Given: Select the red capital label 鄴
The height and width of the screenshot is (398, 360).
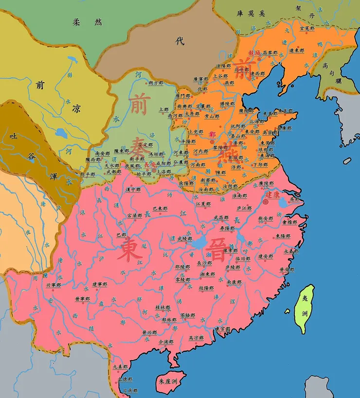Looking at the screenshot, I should point(212,134).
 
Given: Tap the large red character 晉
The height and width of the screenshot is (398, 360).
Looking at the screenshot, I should point(216,251).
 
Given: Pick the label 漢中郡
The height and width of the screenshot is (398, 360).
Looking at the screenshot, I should point(133,190).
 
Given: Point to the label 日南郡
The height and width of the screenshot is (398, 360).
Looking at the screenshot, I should point(130,390).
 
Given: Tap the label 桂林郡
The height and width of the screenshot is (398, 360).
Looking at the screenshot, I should point(163,308).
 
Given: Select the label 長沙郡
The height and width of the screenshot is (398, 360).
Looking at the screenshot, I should point(204,263).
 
